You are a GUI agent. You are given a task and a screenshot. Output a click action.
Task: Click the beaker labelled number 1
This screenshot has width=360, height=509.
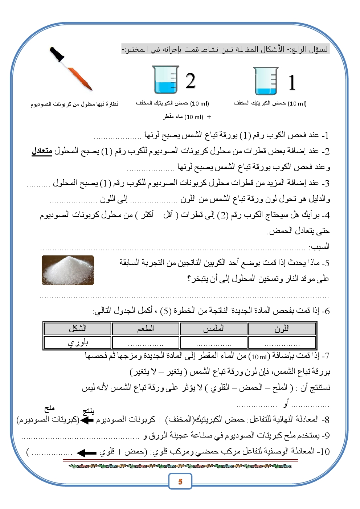(265, 81)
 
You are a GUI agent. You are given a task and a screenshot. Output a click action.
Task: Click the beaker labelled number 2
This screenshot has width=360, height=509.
(165, 80)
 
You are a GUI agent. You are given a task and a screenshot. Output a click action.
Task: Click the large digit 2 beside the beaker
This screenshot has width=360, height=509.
(191, 81)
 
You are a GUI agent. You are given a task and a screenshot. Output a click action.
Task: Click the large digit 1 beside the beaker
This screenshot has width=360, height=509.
(292, 83)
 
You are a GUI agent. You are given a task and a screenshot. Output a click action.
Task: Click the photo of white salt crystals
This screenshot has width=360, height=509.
(68, 270)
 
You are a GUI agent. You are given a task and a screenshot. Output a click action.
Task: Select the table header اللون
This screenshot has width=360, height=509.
(282, 329)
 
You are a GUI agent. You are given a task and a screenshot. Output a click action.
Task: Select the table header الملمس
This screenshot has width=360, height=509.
(214, 329)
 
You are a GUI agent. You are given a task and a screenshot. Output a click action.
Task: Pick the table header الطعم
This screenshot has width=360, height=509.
(146, 329)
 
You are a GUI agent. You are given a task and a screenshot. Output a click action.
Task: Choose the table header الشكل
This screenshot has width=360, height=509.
(77, 329)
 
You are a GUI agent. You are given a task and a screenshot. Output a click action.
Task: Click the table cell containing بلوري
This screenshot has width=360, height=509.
(77, 342)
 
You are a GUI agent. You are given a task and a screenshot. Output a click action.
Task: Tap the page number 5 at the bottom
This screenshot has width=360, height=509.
(180, 482)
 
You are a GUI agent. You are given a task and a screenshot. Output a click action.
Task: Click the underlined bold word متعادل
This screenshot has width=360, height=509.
(42, 151)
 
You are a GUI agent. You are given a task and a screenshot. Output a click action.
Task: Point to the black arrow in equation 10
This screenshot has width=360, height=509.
(87, 453)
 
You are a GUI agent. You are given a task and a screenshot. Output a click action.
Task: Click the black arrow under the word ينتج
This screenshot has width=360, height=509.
(87, 420)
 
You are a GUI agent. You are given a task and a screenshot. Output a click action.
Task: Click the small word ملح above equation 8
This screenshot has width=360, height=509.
(49, 409)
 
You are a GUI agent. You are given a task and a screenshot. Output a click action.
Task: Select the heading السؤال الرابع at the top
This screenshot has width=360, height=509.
(309, 49)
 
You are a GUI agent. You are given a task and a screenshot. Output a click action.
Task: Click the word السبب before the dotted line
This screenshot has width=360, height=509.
(319, 247)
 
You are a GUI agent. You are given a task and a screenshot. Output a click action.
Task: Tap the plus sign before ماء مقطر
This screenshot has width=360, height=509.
(209, 117)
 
